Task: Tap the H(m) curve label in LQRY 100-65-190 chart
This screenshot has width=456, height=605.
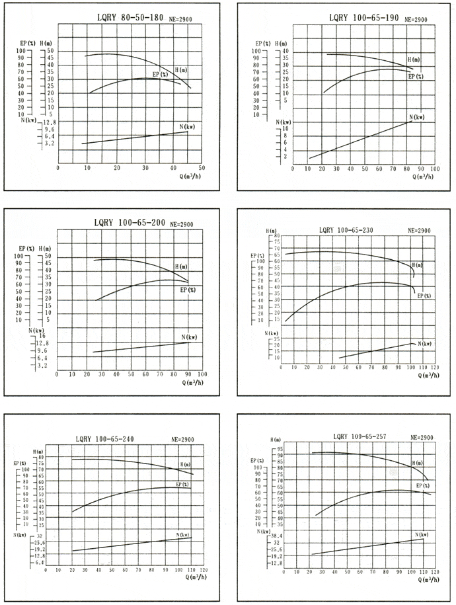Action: tap(414, 60)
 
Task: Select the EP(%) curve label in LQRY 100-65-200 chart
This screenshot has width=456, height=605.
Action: tap(188, 290)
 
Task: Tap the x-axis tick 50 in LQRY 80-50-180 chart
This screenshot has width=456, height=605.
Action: tap(202, 168)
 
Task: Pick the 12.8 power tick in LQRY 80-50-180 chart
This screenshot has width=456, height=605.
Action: tap(50, 123)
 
